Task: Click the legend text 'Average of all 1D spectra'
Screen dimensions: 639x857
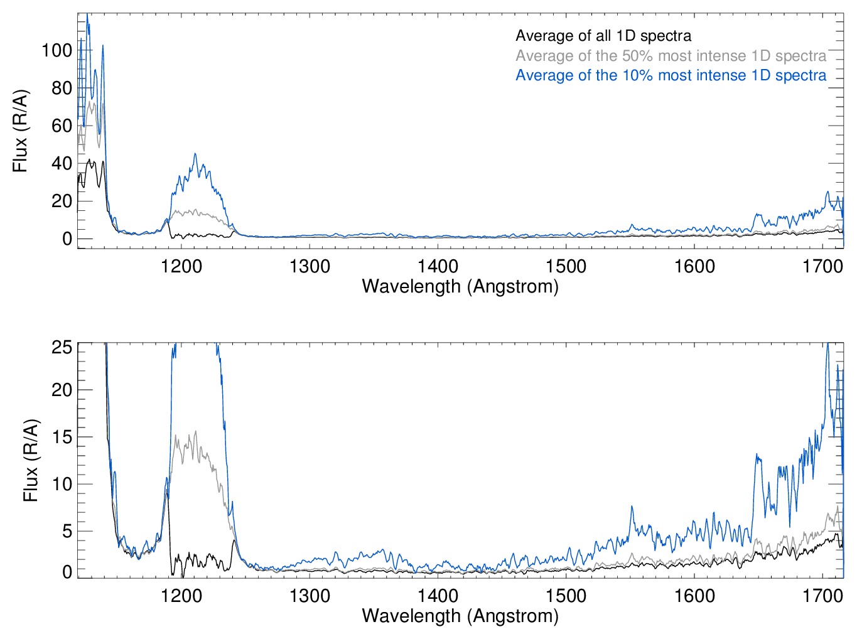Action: pyautogui.click(x=603, y=36)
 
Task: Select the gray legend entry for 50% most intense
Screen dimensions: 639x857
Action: pyautogui.click(x=671, y=56)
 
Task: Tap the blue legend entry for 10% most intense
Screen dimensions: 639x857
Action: pyautogui.click(x=671, y=75)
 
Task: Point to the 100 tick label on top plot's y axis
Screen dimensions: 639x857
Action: pyautogui.click(x=57, y=50)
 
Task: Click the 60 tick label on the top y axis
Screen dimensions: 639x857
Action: pyautogui.click(x=62, y=126)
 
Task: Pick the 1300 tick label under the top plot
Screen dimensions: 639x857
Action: pyautogui.click(x=310, y=266)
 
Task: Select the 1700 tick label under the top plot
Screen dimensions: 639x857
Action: pyautogui.click(x=822, y=266)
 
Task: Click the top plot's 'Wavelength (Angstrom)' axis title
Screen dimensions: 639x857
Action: pyautogui.click(x=460, y=287)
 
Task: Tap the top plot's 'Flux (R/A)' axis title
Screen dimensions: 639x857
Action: pyautogui.click(x=21, y=131)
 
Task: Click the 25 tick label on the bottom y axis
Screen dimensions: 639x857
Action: pyautogui.click(x=62, y=347)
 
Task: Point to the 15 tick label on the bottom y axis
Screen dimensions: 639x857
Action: pyautogui.click(x=62, y=437)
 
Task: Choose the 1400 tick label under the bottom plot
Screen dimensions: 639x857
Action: pyautogui.click(x=438, y=595)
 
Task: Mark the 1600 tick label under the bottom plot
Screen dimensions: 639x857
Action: pyautogui.click(x=694, y=595)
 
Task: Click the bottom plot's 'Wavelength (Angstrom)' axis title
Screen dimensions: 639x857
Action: pyautogui.click(x=460, y=616)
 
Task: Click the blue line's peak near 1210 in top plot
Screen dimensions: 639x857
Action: pyautogui.click(x=195, y=154)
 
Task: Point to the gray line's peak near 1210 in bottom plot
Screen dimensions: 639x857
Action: pyautogui.click(x=196, y=431)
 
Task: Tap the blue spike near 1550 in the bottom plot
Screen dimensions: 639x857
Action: pyautogui.click(x=632, y=507)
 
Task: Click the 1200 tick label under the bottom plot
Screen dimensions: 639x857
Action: pyautogui.click(x=181, y=595)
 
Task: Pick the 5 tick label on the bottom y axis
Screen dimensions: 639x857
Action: pyautogui.click(x=67, y=531)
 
